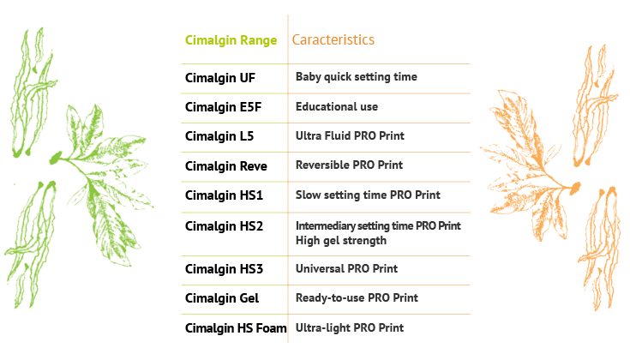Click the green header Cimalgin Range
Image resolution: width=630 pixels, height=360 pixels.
point(231,40)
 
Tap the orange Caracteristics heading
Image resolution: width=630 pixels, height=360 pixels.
point(333,39)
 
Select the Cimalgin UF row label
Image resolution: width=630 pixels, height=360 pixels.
point(220,78)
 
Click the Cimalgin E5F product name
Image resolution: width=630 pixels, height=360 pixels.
point(224,107)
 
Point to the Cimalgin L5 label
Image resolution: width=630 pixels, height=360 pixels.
point(219,136)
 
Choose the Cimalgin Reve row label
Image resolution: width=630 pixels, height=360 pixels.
point(226,166)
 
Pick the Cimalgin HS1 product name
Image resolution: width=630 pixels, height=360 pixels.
point(225,195)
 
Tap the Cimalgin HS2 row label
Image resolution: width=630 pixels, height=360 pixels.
point(225,226)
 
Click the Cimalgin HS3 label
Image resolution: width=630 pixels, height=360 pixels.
point(225,269)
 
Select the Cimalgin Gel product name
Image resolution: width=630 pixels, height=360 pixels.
point(222,298)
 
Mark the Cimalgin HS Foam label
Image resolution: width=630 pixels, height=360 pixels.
point(236,328)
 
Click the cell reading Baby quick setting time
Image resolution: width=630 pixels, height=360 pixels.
point(357,77)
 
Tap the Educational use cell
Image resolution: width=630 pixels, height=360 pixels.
point(337,106)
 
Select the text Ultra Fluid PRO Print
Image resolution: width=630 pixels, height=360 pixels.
point(350,135)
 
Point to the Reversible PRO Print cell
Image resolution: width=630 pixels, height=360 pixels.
point(349,165)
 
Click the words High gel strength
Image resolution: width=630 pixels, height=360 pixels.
point(341,240)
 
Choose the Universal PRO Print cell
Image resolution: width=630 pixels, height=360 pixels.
point(347,268)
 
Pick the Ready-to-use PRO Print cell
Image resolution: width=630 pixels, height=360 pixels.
point(357,297)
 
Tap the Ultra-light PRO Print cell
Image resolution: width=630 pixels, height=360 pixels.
point(350,327)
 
